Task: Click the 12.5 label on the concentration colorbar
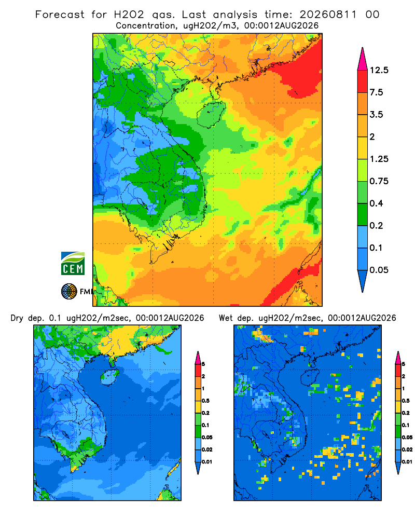pyautogui.click(x=379, y=70)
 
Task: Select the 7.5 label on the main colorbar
pyautogui.click(x=376, y=92)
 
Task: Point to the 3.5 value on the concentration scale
pyautogui.click(x=376, y=115)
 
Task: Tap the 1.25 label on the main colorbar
pyautogui.click(x=379, y=159)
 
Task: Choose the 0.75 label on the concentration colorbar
pyautogui.click(x=379, y=181)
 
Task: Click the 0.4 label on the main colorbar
pyautogui.click(x=376, y=203)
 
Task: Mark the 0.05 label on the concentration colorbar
pyautogui.click(x=379, y=270)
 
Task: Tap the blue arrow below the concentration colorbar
pyautogui.click(x=363, y=280)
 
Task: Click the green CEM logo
pyautogui.click(x=73, y=263)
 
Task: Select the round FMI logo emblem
pyautogui.click(x=69, y=291)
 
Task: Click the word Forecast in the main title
pyautogui.click(x=60, y=15)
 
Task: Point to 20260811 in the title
pyautogui.click(x=328, y=15)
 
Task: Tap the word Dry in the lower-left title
pyautogui.click(x=17, y=318)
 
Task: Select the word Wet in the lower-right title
pyautogui.click(x=226, y=318)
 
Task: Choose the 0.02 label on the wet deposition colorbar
pyautogui.click(x=407, y=449)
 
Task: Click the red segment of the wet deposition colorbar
pyautogui.click(x=398, y=371)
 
